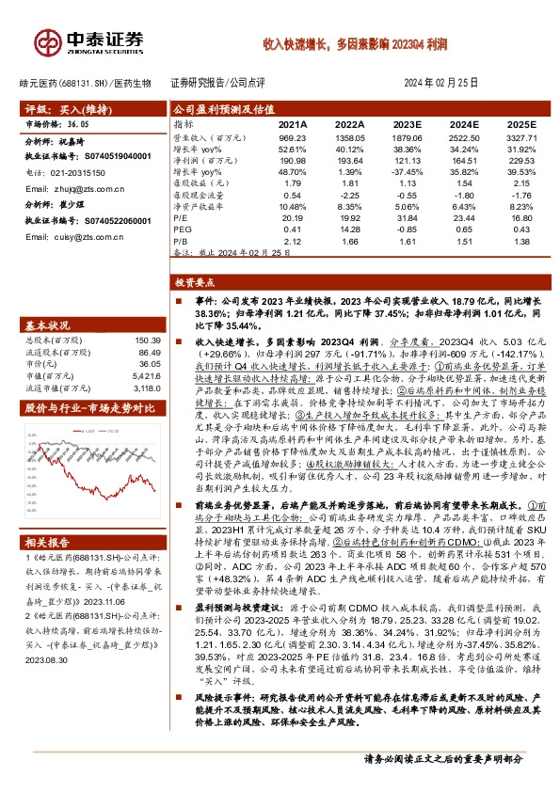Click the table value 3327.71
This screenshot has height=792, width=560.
520,137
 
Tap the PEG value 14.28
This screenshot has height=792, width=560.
349,229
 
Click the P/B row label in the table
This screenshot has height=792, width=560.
180,240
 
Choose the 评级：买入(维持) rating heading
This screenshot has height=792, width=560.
56,109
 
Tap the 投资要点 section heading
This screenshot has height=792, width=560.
196,282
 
